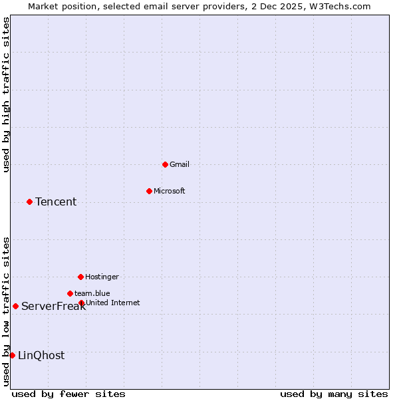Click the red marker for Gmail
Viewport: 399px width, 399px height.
point(165,164)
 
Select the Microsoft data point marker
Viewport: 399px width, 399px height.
point(149,191)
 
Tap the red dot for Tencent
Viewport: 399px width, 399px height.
point(29,201)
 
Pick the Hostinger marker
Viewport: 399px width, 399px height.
point(80,277)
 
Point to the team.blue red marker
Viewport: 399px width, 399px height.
point(70,293)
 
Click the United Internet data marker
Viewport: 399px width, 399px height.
point(81,303)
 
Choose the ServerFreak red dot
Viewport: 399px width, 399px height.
point(15,306)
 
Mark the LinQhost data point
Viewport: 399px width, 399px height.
point(12,355)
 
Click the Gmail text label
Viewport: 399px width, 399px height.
point(180,164)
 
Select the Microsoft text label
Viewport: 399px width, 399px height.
point(170,191)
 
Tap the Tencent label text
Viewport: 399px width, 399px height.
point(56,202)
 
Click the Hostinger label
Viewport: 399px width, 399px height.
point(102,277)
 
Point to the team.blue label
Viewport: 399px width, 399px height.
point(92,293)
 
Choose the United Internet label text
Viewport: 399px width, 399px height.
point(113,303)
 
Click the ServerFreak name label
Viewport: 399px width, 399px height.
point(53,307)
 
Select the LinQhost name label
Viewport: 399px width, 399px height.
point(41,356)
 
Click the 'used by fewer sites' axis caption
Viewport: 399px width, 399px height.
point(68,394)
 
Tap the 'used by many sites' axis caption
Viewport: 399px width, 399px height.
point(334,394)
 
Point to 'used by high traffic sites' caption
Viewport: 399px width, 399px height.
point(6,94)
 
